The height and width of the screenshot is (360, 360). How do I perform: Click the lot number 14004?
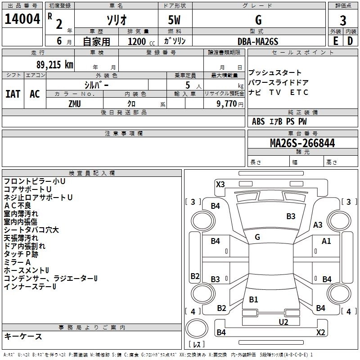[x=22, y=19]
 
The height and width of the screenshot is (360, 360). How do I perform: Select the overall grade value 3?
[x=343, y=20]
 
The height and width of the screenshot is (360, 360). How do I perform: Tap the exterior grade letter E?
[x=335, y=41]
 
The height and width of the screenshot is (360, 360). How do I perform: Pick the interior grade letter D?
[x=350, y=41]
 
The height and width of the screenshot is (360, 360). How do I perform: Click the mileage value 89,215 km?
[x=55, y=65]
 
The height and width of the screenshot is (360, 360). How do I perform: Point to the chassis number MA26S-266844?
[x=302, y=143]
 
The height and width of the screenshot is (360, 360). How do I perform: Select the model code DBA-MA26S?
[x=258, y=41]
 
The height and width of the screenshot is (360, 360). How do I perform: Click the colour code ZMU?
[x=75, y=104]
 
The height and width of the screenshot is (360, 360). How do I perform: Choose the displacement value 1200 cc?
[x=141, y=41]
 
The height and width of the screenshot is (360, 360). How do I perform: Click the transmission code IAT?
[x=13, y=94]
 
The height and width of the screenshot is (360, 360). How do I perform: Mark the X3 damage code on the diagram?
[x=220, y=184]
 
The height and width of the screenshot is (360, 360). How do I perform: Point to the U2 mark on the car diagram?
[x=283, y=322]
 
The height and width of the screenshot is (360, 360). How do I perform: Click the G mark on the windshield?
[x=257, y=237]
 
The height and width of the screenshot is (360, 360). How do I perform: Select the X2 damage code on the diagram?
[x=320, y=332]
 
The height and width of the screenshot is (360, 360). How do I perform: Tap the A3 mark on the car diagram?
[x=318, y=225]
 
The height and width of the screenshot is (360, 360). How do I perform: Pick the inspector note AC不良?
[x=18, y=206]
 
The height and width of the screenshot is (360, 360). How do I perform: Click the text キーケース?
[x=23, y=336]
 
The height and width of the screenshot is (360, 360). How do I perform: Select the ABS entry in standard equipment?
[x=258, y=121]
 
